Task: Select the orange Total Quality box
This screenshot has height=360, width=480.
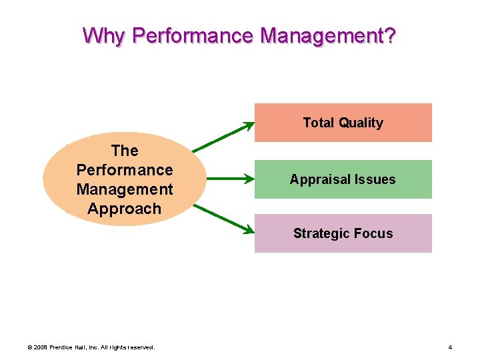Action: point(343,123)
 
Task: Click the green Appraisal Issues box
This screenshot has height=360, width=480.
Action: point(343,179)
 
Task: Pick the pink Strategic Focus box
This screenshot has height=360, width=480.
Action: point(343,233)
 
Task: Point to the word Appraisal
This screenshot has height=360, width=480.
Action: point(315,180)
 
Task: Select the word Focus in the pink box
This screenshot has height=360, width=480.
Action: point(374,233)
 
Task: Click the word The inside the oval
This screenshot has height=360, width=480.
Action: point(125,151)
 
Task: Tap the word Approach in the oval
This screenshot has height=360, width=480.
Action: point(125,209)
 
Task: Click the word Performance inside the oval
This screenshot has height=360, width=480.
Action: point(125,170)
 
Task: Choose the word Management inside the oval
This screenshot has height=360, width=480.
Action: point(125,189)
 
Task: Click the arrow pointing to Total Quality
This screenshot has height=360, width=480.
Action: point(223,137)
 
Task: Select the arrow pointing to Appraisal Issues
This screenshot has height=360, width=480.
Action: point(227,179)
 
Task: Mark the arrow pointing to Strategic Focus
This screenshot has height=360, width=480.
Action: point(223,218)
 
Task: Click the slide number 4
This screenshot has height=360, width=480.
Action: point(450,347)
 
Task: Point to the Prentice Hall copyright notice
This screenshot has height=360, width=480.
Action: point(90,347)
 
